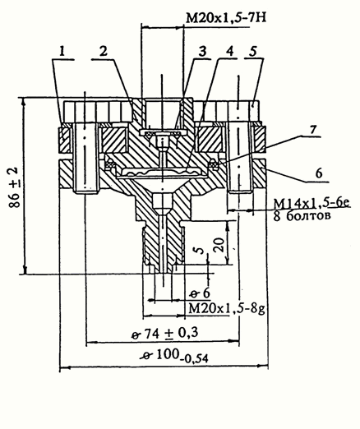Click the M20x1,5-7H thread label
[226, 18]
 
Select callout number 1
[62, 51]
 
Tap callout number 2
[104, 51]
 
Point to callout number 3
[202, 51]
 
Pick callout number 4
[230, 51]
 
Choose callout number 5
[253, 51]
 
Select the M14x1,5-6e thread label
[312, 203]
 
